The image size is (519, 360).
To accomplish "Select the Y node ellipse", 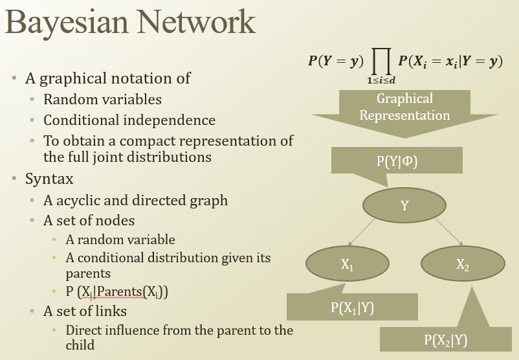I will (x=404, y=205).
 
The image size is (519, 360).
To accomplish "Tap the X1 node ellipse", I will (x=347, y=264).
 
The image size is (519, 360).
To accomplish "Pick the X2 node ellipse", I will (x=462, y=264).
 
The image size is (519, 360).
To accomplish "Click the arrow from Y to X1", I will (x=375, y=234).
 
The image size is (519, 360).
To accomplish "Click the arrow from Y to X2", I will (x=447, y=234).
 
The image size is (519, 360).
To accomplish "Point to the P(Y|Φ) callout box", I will (x=397, y=161).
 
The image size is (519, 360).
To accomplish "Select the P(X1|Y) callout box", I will (x=351, y=308).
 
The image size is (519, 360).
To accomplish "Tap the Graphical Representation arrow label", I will (x=404, y=107).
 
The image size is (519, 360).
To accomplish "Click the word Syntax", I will (x=49, y=178).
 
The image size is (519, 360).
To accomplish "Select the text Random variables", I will (x=102, y=100).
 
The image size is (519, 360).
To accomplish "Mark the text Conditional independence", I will (x=129, y=120).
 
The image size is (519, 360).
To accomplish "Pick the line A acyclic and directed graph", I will (x=135, y=200).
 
